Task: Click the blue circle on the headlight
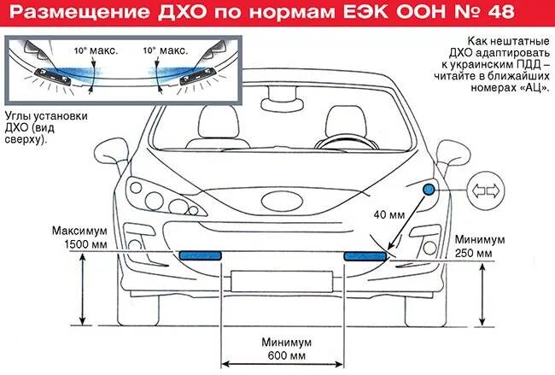click(x=428, y=188)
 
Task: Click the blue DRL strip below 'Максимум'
click(x=202, y=255)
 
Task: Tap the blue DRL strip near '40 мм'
click(x=365, y=255)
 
